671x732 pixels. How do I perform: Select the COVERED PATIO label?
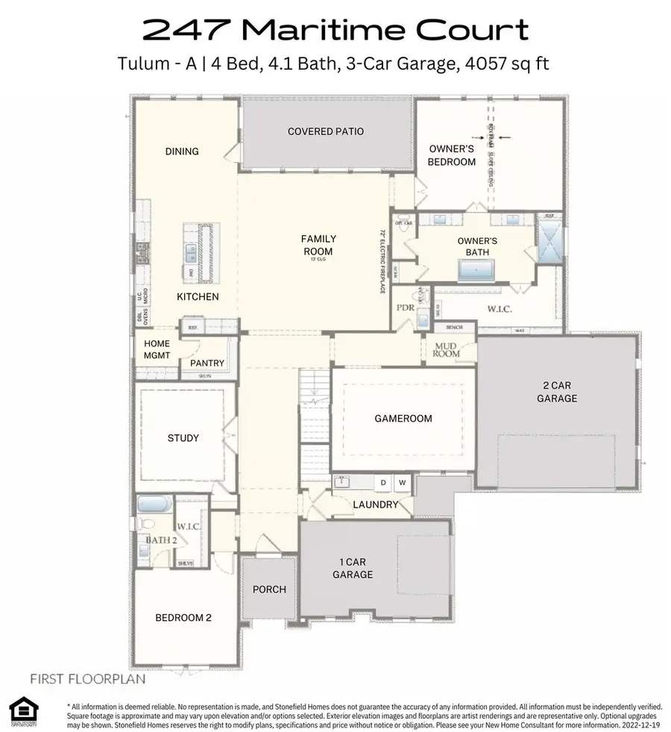pyautogui.click(x=326, y=132)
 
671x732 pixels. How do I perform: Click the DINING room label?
pyautogui.click(x=182, y=151)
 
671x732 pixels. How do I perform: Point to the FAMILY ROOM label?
pyautogui.click(x=318, y=245)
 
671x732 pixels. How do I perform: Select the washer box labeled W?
pyautogui.click(x=402, y=483)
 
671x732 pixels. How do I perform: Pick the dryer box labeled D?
pyautogui.click(x=383, y=483)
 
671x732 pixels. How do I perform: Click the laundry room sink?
pyautogui.click(x=342, y=482)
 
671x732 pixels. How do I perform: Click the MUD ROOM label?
pyautogui.click(x=447, y=349)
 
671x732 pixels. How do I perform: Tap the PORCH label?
pyautogui.click(x=269, y=589)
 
